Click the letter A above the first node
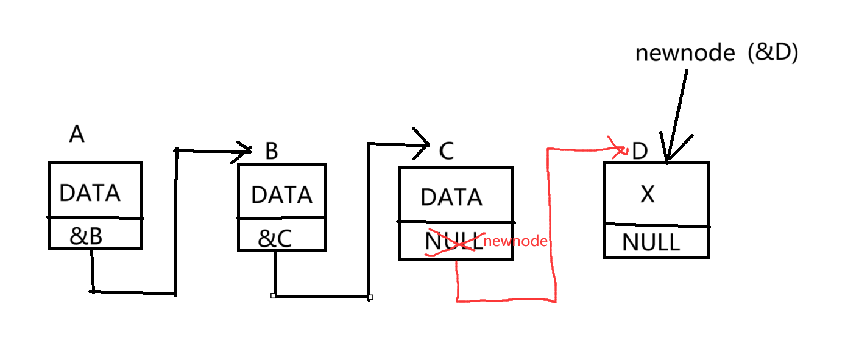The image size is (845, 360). pos(77,134)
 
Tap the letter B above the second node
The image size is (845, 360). pos(272,151)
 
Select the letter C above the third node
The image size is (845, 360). pos(447,151)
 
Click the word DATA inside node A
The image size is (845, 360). pos(90,193)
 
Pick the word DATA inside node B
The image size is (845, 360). pos(281,195)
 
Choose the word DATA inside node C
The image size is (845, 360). pos(451,197)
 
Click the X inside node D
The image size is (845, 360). pos(648,194)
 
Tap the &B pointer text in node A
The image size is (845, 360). pos(86,236)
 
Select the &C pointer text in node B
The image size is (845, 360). pos(275,239)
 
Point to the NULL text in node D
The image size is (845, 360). pos(650,243)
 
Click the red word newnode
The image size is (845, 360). pos(515,241)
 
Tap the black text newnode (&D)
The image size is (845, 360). pos(716,54)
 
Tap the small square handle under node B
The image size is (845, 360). pos(274,295)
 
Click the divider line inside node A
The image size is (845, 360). pos(96,217)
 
